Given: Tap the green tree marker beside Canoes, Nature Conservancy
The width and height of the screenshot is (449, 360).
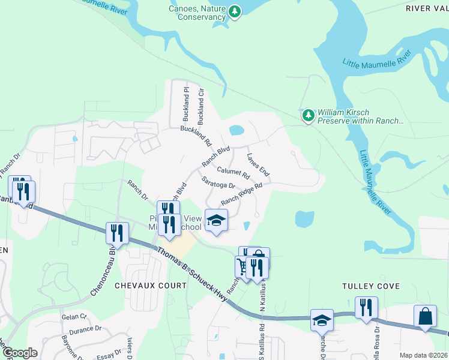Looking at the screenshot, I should click(x=235, y=11).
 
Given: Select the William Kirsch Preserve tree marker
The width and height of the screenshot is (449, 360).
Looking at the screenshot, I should click(x=308, y=114).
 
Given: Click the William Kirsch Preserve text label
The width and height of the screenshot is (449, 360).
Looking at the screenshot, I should click(x=360, y=116).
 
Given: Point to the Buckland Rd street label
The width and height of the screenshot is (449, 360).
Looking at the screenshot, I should click(x=196, y=137).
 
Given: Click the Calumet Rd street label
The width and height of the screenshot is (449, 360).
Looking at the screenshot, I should click(x=233, y=172).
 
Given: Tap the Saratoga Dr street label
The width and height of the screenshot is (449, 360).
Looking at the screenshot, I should click(x=218, y=182).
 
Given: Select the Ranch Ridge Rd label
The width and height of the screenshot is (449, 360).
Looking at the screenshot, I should click(x=242, y=194).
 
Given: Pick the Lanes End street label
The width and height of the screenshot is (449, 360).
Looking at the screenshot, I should click(x=259, y=164).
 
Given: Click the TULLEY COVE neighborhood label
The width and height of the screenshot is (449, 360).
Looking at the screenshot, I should click(x=370, y=287).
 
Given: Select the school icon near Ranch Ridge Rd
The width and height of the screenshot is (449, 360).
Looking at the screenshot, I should click(x=217, y=220).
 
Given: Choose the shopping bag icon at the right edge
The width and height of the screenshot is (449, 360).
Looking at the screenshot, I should click(x=425, y=316).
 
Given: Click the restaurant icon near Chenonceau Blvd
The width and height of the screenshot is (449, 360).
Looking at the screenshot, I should click(x=117, y=232).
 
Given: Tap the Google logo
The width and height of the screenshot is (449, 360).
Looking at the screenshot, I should click(x=20, y=352).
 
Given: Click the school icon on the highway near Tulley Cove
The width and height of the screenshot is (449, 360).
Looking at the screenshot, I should click(x=322, y=320).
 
